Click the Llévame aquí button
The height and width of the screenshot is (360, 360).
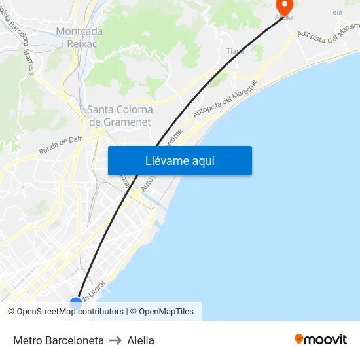(179, 160)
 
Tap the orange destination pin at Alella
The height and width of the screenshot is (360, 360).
(283, 8)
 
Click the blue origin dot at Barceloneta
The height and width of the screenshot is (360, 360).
(76, 303)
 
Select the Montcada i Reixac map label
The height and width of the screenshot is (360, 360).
(79, 37)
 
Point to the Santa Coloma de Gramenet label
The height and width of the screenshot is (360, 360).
(120, 116)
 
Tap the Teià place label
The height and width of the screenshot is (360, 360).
(335, 12)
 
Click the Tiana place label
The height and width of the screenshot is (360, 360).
(235, 51)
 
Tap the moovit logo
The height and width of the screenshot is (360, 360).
(320, 340)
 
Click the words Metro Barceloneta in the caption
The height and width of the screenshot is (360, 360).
(58, 340)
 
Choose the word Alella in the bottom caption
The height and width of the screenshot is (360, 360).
(141, 340)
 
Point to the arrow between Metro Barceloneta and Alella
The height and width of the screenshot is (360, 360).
(115, 340)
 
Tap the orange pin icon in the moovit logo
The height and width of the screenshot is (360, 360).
(299, 339)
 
